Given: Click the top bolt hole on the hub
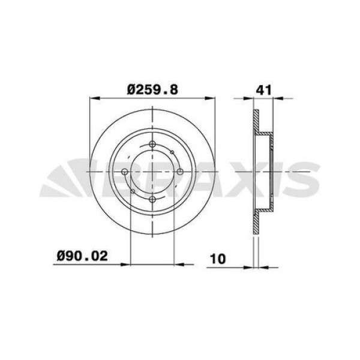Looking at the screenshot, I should click(152, 144).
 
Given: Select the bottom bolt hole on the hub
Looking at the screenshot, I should click(152, 200).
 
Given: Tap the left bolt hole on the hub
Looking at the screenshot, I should click(124, 172).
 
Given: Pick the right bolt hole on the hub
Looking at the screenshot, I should click(179, 172).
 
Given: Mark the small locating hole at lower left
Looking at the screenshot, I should click(132, 191).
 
